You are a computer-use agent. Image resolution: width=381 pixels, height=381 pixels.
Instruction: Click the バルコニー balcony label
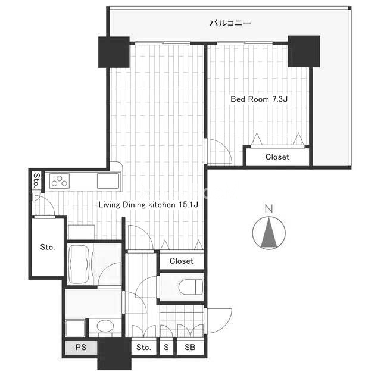point(230,23)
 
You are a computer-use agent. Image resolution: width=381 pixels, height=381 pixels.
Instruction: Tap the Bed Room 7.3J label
point(259,99)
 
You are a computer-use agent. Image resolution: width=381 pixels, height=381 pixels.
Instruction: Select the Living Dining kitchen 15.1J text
point(148,205)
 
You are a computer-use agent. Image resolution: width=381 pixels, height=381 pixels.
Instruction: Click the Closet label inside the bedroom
point(277,157)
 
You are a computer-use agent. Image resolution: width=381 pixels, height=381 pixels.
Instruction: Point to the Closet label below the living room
point(182,261)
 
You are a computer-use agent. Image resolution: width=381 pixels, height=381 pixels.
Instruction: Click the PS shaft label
point(81,347)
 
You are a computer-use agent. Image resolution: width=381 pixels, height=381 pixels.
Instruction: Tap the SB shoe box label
point(190,347)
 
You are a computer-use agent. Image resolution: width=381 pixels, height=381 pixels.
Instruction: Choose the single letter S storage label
point(166,347)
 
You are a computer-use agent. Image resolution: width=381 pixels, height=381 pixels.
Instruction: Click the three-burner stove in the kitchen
point(60,181)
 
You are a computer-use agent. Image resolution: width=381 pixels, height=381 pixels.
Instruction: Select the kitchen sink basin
point(108,181)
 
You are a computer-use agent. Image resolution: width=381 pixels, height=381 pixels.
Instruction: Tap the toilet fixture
point(190,287)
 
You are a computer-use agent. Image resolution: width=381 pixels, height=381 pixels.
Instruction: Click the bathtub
point(80,264)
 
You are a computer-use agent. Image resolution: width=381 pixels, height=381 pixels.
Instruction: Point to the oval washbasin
point(105,326)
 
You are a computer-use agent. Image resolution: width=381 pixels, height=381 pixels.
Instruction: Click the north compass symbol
point(268,233)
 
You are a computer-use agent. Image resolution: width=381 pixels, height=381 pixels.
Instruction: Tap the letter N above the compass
point(268,209)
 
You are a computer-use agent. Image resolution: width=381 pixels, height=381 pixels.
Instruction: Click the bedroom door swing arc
point(225,148)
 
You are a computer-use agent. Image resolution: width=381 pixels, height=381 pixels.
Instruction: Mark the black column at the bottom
point(114,354)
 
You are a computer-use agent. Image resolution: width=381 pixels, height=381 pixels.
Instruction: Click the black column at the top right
point(304,51)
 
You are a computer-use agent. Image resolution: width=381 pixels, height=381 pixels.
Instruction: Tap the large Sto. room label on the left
point(48,248)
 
